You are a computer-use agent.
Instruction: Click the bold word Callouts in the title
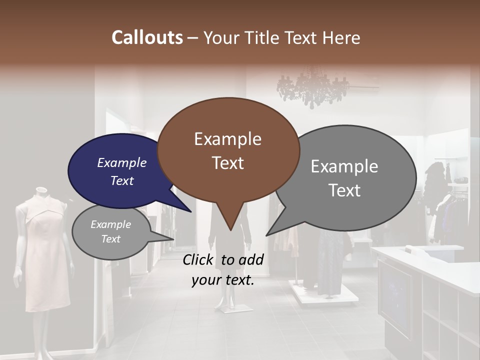tap(147, 37)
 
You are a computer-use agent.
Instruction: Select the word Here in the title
tap(342, 37)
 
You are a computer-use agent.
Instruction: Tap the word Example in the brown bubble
tap(227, 138)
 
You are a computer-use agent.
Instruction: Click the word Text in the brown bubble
tap(227, 162)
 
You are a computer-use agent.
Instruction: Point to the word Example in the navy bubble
tap(121, 162)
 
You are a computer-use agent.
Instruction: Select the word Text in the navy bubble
tap(121, 180)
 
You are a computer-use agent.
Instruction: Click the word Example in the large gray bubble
tap(344, 166)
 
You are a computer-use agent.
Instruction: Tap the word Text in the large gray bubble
tap(344, 190)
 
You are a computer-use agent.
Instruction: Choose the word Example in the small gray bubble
tap(110, 224)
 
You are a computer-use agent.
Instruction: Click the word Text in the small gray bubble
tap(110, 239)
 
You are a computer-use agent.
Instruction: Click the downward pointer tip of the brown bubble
tap(230, 230)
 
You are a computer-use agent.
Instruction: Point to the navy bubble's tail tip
tap(191, 212)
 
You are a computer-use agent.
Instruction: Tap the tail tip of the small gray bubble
tap(173, 238)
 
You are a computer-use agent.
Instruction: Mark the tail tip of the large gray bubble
tap(266, 235)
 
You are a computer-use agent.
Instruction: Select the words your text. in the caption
tap(223, 280)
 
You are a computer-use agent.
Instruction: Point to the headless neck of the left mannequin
tap(41, 191)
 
